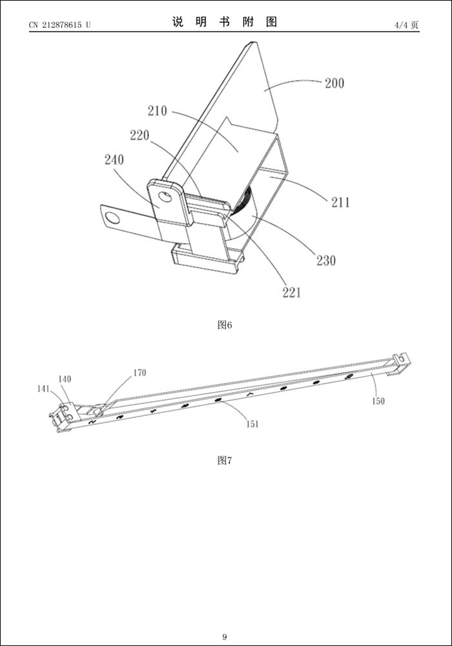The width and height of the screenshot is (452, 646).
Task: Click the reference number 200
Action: pos(334,83)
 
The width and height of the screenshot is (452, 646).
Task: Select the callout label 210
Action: pos(157,111)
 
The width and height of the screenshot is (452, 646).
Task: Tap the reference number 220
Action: pos(139,136)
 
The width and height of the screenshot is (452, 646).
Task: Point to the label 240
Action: pos(114,160)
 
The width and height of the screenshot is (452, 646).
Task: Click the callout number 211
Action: pos(340,203)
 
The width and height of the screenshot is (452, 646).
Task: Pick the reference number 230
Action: pos(326,261)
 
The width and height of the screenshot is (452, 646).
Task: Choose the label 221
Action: pos(291,293)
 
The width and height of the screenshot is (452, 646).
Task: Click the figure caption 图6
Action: pos(224,325)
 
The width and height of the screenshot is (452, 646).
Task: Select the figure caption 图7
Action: pos(224,461)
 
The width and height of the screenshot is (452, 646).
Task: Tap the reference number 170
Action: pos(139,373)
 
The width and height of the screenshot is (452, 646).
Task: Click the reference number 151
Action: pos(252,424)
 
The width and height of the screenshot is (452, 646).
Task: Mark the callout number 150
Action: pos(378,401)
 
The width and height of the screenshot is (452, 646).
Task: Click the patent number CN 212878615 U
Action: pos(59,25)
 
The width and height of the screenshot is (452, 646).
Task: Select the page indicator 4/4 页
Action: pos(406,25)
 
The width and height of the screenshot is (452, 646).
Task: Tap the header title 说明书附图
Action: pos(225,22)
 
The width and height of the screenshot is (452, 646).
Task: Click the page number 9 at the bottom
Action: pos(225,637)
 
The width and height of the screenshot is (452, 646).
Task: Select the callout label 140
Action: pos(65,379)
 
